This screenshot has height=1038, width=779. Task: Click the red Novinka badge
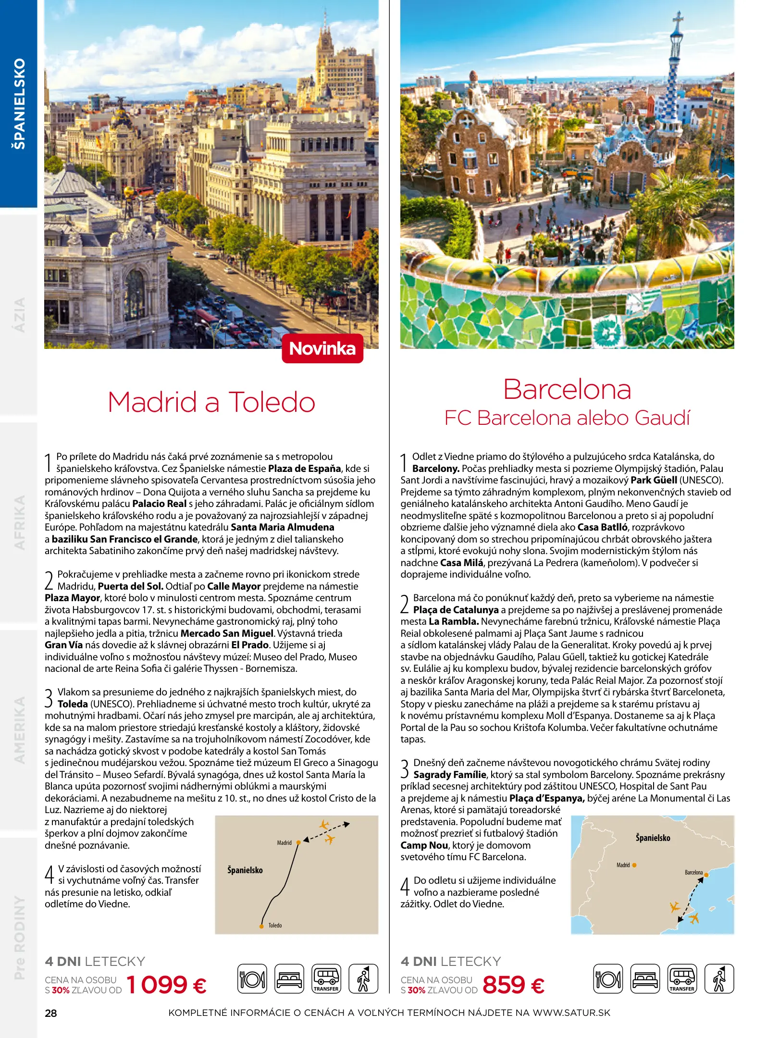[x=322, y=348]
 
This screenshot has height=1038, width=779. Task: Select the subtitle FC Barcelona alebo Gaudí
[x=567, y=418]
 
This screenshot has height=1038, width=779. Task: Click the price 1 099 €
[x=166, y=984]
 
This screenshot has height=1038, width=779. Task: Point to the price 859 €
[x=513, y=984]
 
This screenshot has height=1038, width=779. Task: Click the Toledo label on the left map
[x=275, y=925]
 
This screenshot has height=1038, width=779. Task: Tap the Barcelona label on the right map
[x=693, y=872]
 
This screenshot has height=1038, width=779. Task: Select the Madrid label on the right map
[x=623, y=865]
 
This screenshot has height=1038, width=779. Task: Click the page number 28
[x=50, y=1013]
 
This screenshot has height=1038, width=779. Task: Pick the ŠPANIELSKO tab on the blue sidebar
[x=19, y=103]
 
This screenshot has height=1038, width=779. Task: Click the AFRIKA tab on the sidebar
[x=19, y=522]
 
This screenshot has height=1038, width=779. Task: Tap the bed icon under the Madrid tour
[x=289, y=978]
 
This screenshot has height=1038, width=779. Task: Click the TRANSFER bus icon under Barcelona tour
[x=682, y=978]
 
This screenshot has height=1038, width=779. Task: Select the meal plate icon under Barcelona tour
[x=608, y=978]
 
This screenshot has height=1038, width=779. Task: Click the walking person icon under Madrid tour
[x=363, y=978]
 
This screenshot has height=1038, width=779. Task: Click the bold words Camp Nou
[x=424, y=845]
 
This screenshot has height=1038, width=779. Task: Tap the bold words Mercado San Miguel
[x=227, y=633]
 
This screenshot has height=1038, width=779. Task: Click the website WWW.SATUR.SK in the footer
[x=571, y=1013]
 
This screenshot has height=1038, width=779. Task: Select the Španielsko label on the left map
[x=245, y=870]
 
